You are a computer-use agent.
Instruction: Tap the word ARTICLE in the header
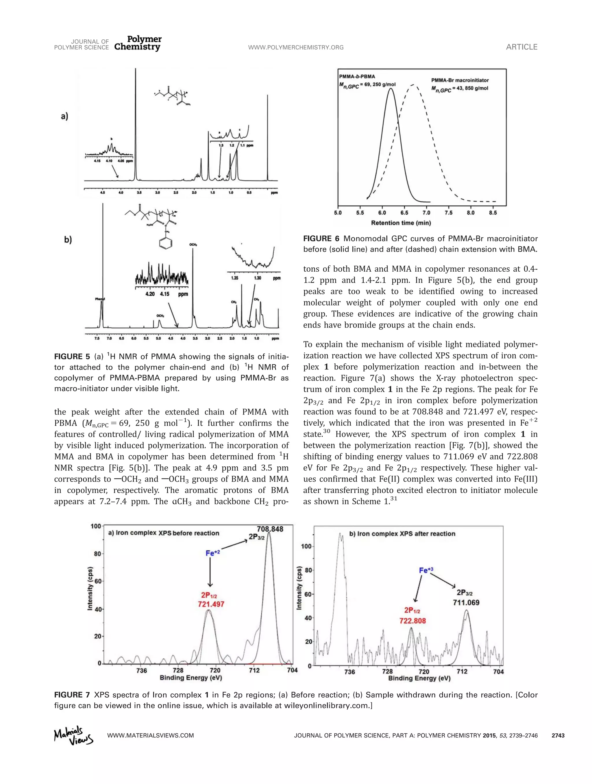(521, 47)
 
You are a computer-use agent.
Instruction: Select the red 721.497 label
(211, 604)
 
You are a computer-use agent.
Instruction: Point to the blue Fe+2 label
(213, 553)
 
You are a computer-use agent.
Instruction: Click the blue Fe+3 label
(426, 570)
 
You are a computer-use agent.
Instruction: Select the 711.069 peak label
(466, 602)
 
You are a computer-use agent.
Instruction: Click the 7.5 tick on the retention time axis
(448, 213)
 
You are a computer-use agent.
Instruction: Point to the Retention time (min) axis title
(401, 223)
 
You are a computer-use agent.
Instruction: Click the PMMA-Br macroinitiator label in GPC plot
(460, 80)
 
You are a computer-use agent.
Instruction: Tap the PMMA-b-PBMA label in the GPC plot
(357, 76)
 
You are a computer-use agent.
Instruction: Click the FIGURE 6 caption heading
(322, 239)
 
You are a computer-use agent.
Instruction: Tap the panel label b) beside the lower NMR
(68, 240)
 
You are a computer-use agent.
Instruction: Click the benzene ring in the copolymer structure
(166, 243)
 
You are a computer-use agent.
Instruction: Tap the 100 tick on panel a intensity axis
(96, 526)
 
